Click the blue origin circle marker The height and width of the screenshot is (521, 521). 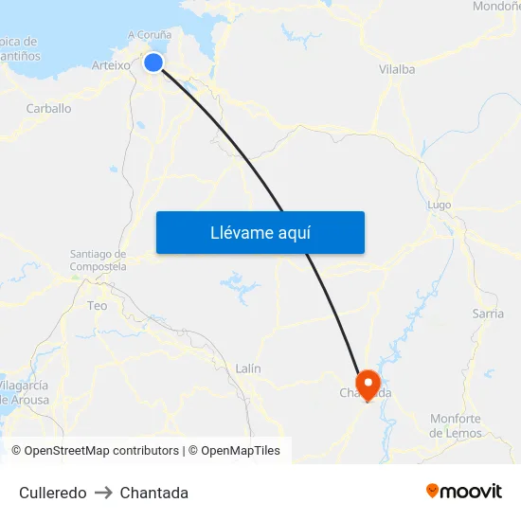[x=153, y=63]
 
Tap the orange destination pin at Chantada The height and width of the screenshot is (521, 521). [x=367, y=385]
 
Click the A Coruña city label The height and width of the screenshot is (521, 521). [x=150, y=36]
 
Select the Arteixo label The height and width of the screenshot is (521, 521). [x=111, y=65]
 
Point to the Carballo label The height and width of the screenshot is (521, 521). [x=48, y=108]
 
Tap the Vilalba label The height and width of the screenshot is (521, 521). [x=397, y=69]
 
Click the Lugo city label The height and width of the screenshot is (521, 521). [x=440, y=205]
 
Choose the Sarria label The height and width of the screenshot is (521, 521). [x=488, y=314]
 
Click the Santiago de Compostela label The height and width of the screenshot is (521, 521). [x=99, y=260]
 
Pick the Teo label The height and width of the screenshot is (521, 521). [x=98, y=306]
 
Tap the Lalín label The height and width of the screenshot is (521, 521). [x=248, y=368]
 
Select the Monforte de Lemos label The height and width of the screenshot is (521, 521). [x=456, y=426]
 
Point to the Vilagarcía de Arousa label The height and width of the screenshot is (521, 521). [x=25, y=393]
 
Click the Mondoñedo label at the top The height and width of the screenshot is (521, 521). [x=495, y=6]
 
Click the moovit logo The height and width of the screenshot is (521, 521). [x=463, y=491]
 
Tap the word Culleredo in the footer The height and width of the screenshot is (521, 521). [x=53, y=493]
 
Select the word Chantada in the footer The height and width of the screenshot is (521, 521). [x=154, y=493]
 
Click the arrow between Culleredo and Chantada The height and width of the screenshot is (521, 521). [x=103, y=493]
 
